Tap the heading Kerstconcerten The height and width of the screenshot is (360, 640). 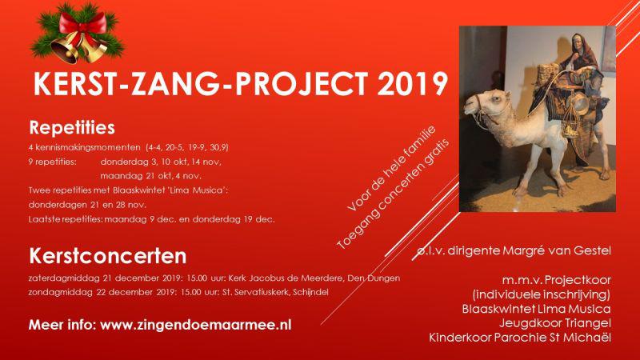click(x=108, y=257)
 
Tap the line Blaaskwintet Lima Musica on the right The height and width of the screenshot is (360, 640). click(x=537, y=308)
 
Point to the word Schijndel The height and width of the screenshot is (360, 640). click(x=307, y=292)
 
